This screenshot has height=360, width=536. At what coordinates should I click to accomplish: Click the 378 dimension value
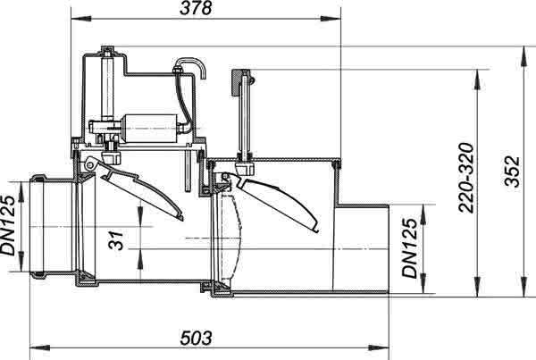(x=196, y=8)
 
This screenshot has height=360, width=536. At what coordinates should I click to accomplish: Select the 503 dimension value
(x=196, y=339)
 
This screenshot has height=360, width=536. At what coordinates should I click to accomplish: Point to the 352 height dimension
(x=512, y=172)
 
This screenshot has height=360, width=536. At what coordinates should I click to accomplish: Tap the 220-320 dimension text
(x=466, y=178)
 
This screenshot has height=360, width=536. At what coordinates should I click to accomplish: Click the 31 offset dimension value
(x=116, y=240)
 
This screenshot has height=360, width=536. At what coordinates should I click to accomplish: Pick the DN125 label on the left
(x=8, y=225)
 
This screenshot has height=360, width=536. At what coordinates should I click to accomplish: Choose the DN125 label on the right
(x=410, y=248)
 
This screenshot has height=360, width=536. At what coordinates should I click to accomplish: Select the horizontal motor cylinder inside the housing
(x=150, y=129)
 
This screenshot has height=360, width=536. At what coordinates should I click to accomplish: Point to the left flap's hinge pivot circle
(x=90, y=165)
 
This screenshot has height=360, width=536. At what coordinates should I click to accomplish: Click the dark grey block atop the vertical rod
(x=237, y=83)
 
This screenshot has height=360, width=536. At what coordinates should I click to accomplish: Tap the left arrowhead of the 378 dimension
(x=81, y=19)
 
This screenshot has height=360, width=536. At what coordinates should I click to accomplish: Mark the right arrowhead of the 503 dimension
(x=379, y=348)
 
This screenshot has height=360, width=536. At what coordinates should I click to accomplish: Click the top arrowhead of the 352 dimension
(x=523, y=56)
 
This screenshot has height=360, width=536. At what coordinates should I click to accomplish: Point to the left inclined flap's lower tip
(x=181, y=219)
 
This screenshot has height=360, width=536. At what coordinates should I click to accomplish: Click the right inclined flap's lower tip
(x=317, y=230)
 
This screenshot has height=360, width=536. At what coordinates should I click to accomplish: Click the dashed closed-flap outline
(x=231, y=236)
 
